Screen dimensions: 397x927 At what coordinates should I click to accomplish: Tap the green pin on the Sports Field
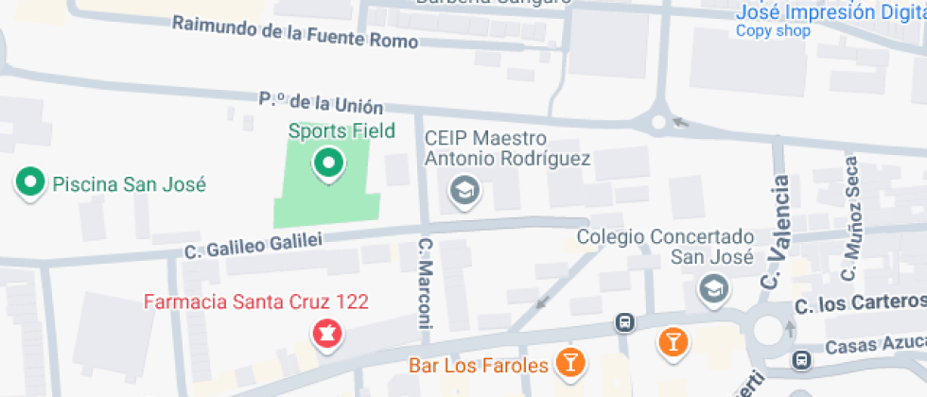point(328,164)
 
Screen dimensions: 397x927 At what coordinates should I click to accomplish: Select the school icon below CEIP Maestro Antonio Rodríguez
point(464,191)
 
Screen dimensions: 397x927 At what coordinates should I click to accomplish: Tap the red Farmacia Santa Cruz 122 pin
point(327,334)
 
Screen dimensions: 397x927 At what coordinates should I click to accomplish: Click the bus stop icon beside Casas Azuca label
point(802,360)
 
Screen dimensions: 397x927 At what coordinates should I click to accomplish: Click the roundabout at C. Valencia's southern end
point(768,330)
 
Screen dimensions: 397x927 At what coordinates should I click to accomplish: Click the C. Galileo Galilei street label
point(253,245)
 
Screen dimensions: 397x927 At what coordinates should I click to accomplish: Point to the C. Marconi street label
point(425,284)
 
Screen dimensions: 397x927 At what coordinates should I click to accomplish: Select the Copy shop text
point(773,31)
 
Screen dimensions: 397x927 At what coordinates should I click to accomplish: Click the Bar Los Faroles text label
point(479,365)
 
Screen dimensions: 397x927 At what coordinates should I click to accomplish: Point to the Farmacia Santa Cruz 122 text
point(255,302)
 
